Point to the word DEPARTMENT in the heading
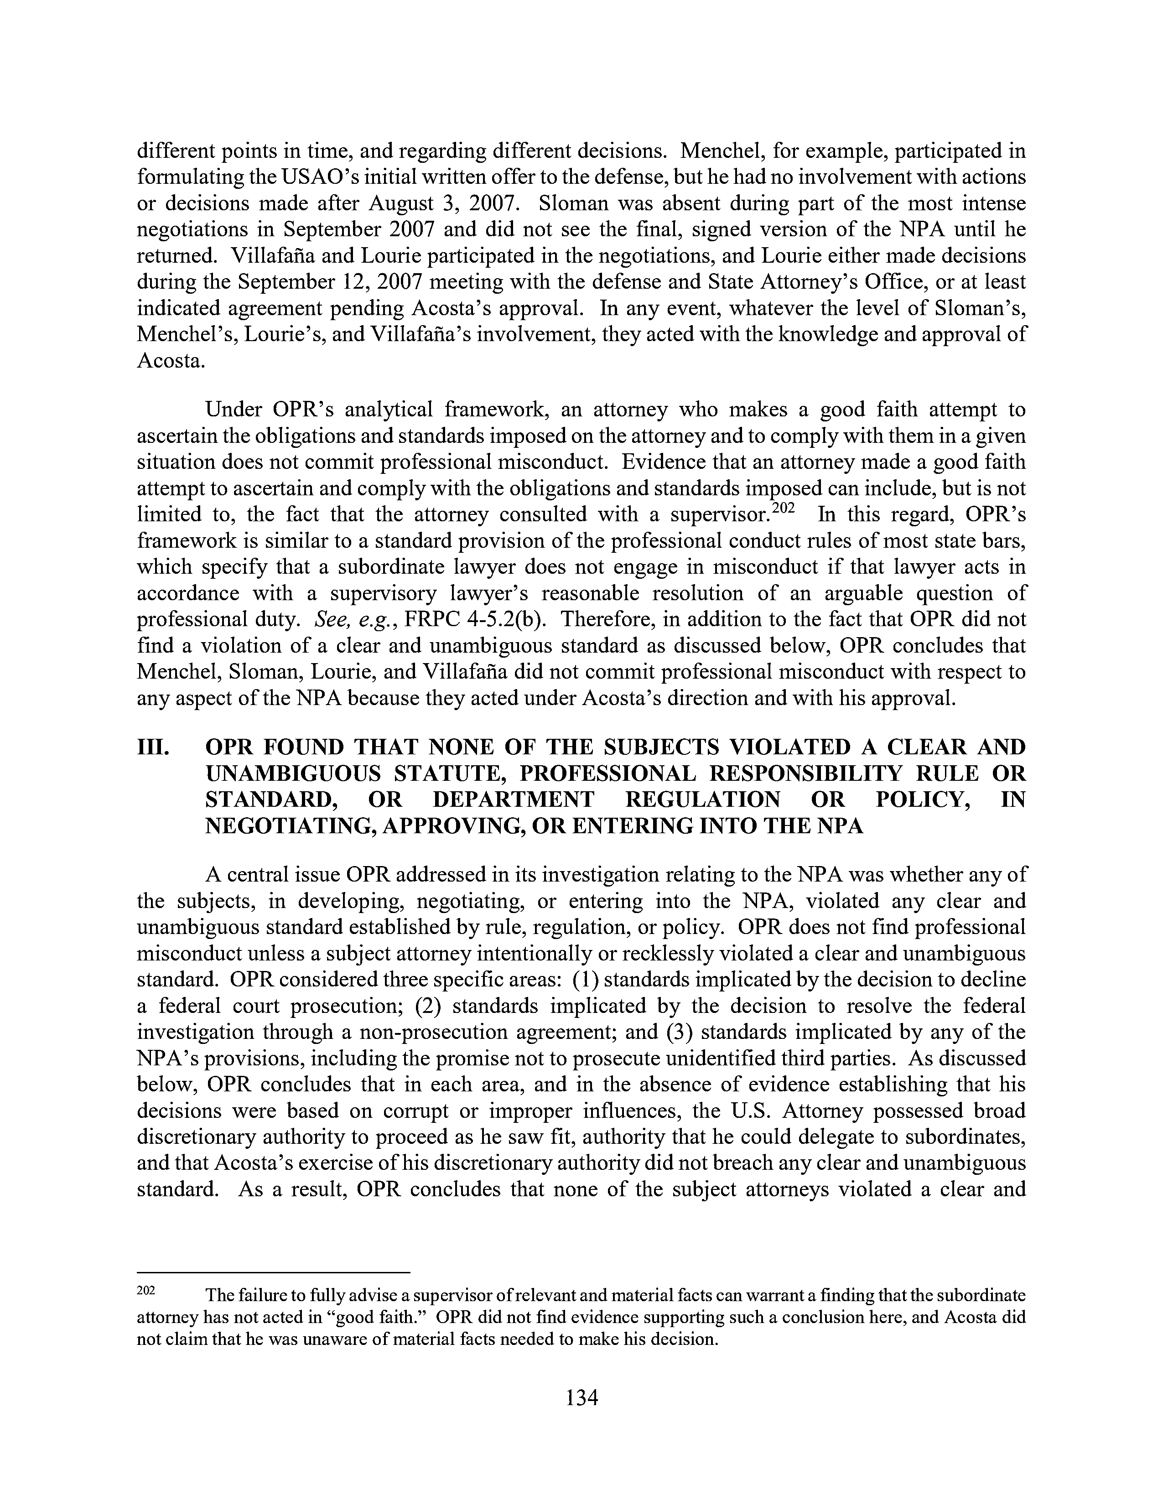[513, 800]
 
